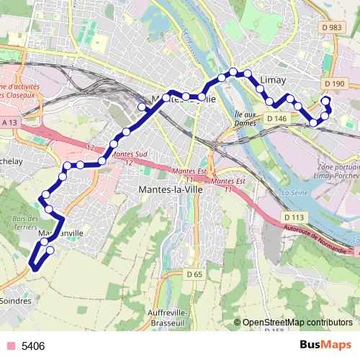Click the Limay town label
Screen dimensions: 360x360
click(x=279, y=81)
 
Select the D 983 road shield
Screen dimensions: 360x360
click(x=333, y=27)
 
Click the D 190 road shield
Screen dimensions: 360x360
click(x=335, y=84)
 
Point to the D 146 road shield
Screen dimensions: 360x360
click(x=276, y=118)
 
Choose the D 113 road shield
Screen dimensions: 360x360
click(x=293, y=217)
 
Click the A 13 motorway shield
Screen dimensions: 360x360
click(x=10, y=123)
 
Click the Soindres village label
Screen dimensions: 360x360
click(x=16, y=300)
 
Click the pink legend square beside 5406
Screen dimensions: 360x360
click(x=10, y=346)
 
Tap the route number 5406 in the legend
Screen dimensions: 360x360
click(x=33, y=346)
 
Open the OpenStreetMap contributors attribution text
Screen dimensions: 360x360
click(x=297, y=323)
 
